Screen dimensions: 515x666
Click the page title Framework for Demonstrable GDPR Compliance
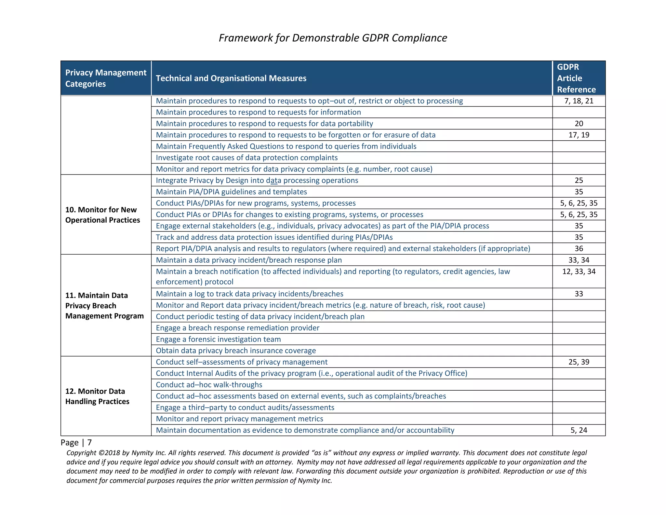[x=333, y=38]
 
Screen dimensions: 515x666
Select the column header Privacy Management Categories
[x=106, y=78]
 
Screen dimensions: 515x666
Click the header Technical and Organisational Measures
[x=231, y=78]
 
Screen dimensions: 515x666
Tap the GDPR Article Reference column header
[x=576, y=78]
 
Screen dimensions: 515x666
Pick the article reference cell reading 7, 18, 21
[x=579, y=101]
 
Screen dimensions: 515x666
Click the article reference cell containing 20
[x=579, y=124]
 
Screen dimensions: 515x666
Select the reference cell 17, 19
[x=579, y=135]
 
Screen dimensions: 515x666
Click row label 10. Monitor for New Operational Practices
[x=102, y=215]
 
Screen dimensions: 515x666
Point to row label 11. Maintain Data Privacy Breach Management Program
[x=104, y=306]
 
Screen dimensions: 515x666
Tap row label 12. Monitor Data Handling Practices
[x=97, y=396]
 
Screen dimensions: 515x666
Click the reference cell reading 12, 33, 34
[x=579, y=271]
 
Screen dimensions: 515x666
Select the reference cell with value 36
[x=579, y=249]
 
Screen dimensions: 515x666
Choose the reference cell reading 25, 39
[x=579, y=362]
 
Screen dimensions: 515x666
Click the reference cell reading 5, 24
[x=579, y=430]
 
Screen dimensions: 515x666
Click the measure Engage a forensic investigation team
[x=218, y=339]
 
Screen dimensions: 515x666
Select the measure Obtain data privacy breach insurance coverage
[x=236, y=351]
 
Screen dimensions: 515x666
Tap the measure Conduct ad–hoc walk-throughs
[x=209, y=385]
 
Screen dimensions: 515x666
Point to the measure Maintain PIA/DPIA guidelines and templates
[x=231, y=192]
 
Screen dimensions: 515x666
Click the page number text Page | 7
[x=76, y=442]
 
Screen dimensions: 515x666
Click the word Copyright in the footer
[x=81, y=453]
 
